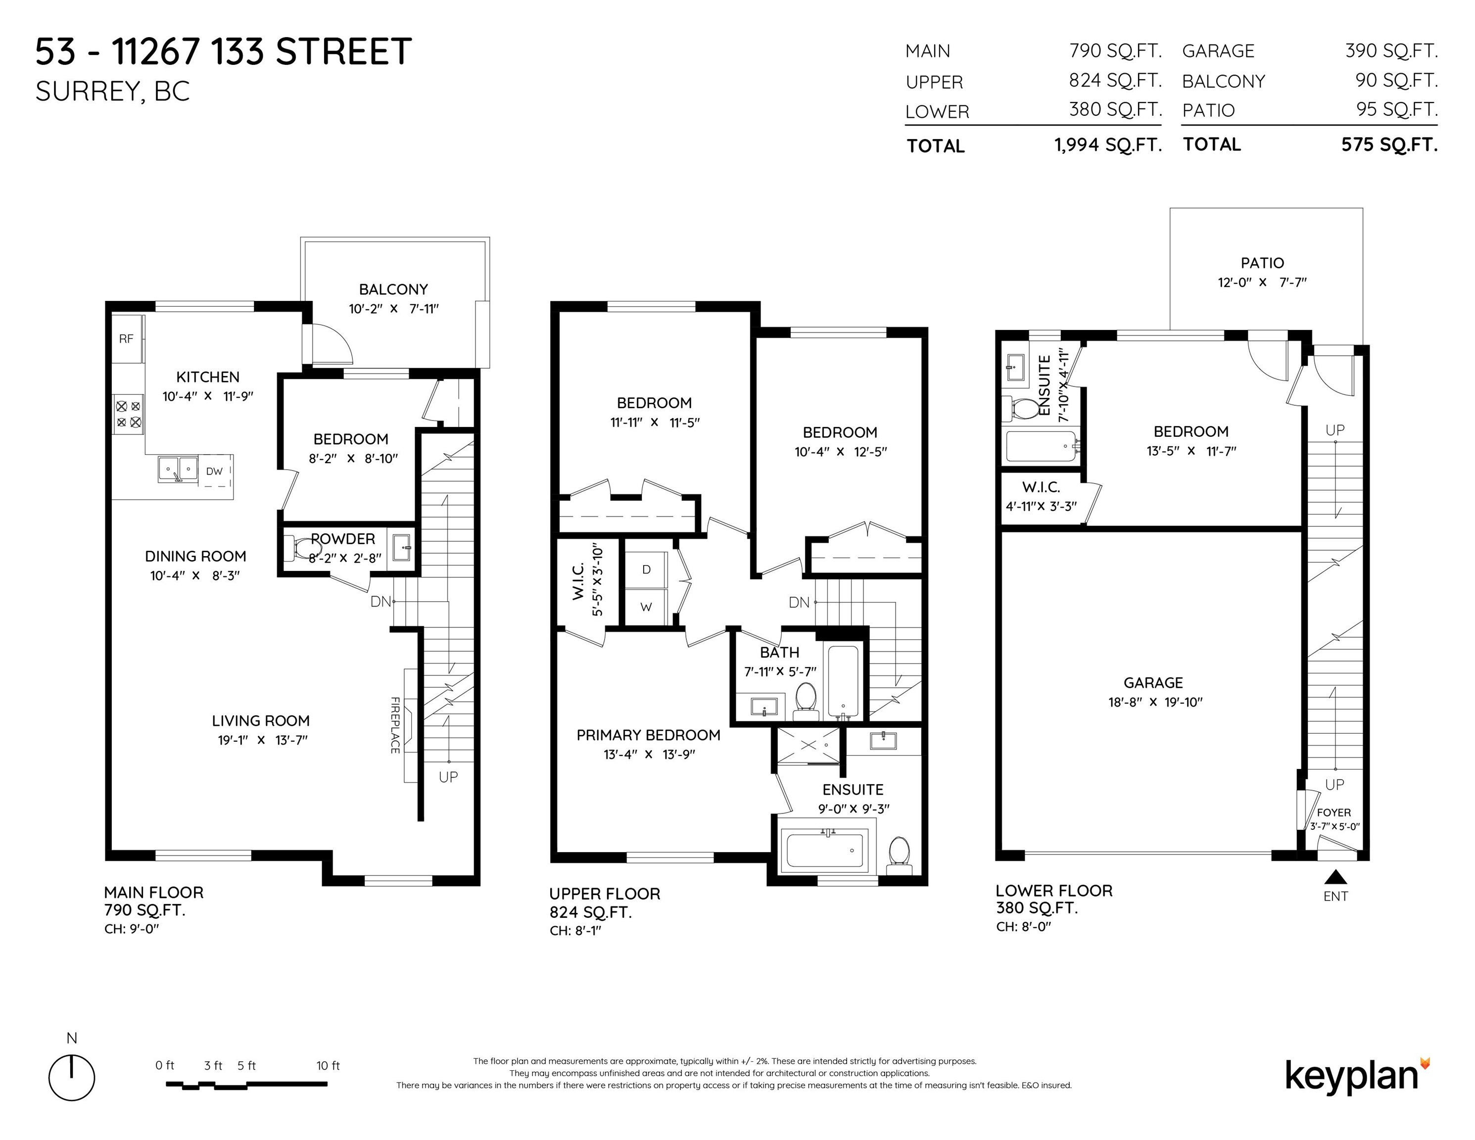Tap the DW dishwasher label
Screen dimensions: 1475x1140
[x=214, y=472]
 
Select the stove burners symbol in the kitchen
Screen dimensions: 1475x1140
[x=128, y=414]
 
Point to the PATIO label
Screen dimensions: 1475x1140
[x=1262, y=263]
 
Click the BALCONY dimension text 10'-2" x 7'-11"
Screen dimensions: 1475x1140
[x=394, y=309]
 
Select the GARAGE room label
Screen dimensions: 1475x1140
[x=1153, y=683]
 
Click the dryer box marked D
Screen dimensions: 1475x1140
[x=646, y=570]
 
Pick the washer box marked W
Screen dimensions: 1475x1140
[x=646, y=607]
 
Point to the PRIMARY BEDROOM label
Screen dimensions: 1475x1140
[x=648, y=735]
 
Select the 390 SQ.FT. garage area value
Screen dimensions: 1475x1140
[x=1391, y=50]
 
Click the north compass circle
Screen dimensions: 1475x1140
[x=72, y=1078]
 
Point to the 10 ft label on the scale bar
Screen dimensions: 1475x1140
[x=328, y=1066]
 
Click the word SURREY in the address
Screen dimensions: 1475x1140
[x=86, y=91]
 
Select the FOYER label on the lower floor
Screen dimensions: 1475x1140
[x=1334, y=812]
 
